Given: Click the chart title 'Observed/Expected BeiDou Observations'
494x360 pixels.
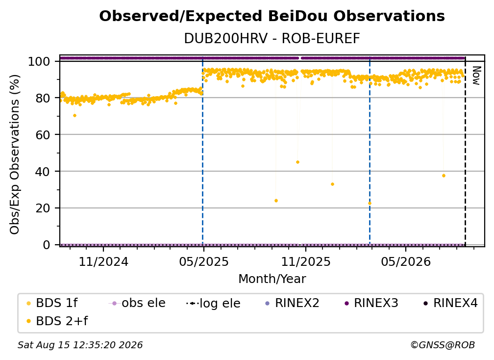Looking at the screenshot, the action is [x=272, y=16].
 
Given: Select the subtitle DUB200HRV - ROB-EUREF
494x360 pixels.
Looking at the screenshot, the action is [x=272, y=39].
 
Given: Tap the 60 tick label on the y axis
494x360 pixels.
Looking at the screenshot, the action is [x=43, y=134].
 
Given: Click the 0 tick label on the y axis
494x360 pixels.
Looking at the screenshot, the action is [x=46, y=245].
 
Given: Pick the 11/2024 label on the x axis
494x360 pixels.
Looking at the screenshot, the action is [x=104, y=261].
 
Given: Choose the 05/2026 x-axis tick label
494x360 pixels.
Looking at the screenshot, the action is [x=406, y=261].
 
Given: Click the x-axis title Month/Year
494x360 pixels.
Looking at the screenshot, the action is [x=272, y=279].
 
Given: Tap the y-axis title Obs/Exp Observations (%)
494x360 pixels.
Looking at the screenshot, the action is [x=15, y=154].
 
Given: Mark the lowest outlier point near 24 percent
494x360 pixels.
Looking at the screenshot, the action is [x=276, y=201].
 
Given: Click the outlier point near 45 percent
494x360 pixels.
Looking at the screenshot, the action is [x=298, y=162].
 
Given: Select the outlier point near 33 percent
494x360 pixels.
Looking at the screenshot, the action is [x=332, y=184].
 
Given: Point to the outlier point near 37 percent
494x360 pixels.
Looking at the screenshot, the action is [x=444, y=176].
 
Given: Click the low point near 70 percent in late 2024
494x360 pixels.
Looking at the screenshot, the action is [x=74, y=116].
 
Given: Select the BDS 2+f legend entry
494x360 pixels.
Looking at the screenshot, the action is [x=57, y=321].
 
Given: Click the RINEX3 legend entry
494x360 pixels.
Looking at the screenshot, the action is [x=371, y=303].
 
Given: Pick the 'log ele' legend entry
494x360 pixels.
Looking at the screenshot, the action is [x=213, y=303].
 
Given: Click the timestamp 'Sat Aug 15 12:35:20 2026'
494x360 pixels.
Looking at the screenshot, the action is [x=80, y=345].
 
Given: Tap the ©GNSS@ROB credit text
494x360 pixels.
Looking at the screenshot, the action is [x=443, y=345].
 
